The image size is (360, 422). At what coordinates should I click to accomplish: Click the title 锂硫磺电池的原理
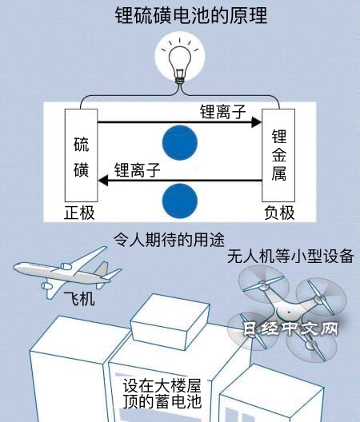[191, 16]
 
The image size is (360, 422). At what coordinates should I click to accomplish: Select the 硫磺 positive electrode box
[81, 155]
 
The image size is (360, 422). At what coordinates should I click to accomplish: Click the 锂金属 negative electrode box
[278, 155]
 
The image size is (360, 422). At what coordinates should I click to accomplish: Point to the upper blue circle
[180, 142]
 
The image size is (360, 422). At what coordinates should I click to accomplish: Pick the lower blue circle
[180, 201]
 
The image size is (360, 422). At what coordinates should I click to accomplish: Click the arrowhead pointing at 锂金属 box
[256, 122]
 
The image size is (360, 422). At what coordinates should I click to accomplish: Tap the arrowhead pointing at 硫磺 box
[103, 181]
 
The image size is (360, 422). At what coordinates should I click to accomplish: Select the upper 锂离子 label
[223, 111]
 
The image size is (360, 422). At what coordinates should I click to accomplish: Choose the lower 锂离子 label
[137, 170]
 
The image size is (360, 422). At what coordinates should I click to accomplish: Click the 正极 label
[79, 213]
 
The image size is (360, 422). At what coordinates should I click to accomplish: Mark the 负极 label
[279, 213]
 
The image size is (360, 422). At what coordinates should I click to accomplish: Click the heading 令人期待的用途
[169, 240]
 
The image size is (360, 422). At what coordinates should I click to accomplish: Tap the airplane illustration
[67, 272]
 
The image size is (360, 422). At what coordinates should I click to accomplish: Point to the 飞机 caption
[79, 299]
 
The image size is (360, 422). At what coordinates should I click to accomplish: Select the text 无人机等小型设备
[290, 256]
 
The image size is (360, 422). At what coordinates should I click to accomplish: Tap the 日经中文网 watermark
[291, 328]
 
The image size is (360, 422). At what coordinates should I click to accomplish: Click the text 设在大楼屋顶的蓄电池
[162, 393]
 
